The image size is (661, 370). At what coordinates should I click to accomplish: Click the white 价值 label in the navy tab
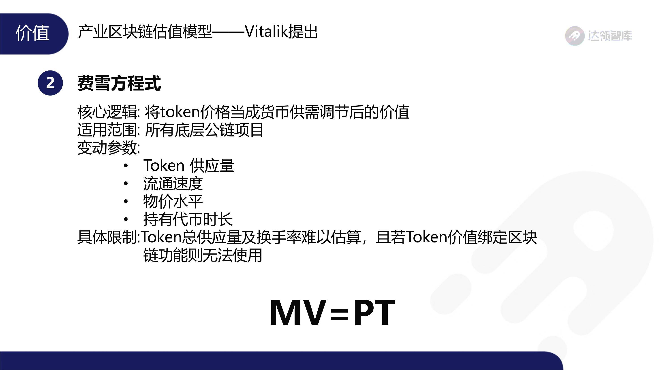[x=32, y=33]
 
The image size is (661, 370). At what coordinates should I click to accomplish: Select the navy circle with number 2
[x=50, y=83]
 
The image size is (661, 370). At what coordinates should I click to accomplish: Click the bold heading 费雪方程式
[x=119, y=83]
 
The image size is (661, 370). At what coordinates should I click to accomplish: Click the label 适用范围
[x=107, y=130]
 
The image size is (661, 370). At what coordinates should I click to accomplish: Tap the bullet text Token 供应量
[x=189, y=165]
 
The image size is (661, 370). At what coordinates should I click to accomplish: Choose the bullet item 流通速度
[x=173, y=184]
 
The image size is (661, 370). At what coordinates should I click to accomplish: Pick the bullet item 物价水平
[x=173, y=202]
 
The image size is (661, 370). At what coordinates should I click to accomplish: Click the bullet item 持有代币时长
[x=188, y=219]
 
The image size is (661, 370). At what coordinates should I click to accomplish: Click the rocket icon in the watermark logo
[x=575, y=36]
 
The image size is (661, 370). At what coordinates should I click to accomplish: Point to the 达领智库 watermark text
[x=610, y=36]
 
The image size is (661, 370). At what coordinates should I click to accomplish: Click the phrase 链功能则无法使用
[x=203, y=255]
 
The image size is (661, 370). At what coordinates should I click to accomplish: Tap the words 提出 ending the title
[x=303, y=32]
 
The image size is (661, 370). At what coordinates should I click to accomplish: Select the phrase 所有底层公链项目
[x=204, y=130]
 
